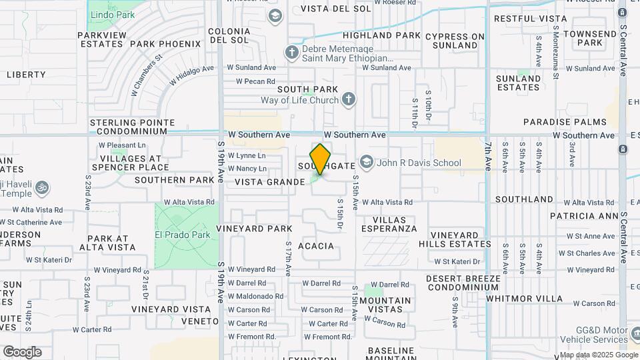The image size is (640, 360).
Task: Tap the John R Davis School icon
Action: [x=366, y=163]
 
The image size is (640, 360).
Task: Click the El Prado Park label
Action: [x=182, y=235]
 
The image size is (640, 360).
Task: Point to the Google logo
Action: [x=21, y=351]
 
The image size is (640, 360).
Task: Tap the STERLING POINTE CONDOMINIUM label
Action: [x=132, y=127]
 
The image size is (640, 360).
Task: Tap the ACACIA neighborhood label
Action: [x=315, y=246]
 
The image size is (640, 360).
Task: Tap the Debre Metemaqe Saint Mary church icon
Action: [x=291, y=52]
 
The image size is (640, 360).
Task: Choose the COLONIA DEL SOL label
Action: [x=229, y=35]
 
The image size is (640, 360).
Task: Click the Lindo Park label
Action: [x=112, y=13]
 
